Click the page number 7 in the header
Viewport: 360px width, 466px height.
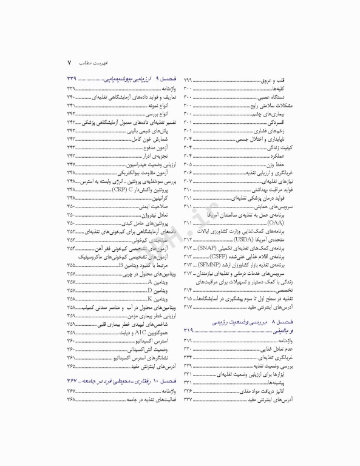pyautogui.click(x=69, y=62)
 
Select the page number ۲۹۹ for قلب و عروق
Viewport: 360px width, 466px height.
pyautogui.click(x=188, y=79)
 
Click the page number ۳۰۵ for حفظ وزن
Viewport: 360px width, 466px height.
pyautogui.click(x=188, y=164)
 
